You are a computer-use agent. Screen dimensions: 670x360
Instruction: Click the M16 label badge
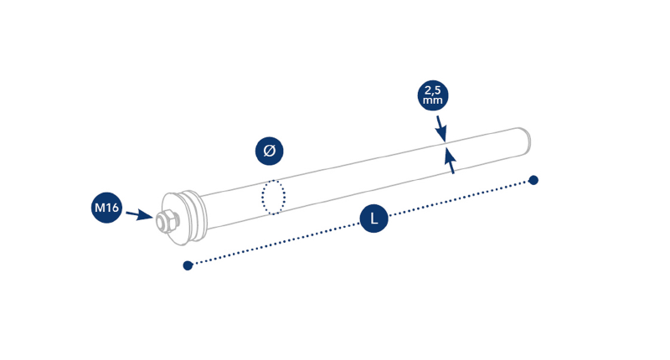106,208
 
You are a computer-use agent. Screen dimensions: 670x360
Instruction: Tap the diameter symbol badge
269,151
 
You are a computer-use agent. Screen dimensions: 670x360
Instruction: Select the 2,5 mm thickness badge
433,95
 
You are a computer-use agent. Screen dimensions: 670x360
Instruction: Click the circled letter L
374,219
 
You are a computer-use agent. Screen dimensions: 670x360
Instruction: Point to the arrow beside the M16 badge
140,215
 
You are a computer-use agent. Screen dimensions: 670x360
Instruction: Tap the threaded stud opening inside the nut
162,223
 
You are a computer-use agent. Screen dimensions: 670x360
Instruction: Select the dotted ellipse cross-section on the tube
274,197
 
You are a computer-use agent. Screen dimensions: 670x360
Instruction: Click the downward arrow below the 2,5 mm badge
441,128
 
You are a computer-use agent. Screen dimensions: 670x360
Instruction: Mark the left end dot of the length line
188,265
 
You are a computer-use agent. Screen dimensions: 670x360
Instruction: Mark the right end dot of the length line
533,180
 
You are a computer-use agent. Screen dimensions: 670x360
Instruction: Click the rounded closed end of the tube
524,141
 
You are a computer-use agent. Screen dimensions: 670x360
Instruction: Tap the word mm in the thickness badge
433,100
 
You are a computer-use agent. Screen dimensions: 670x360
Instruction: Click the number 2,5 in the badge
433,90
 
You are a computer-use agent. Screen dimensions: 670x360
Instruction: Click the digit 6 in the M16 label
115,208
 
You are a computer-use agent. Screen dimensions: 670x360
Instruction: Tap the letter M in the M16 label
100,208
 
